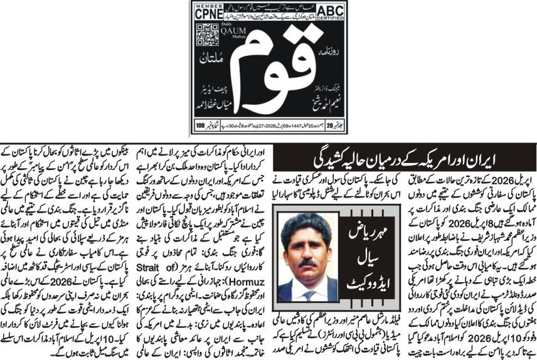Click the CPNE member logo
(209, 11)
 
